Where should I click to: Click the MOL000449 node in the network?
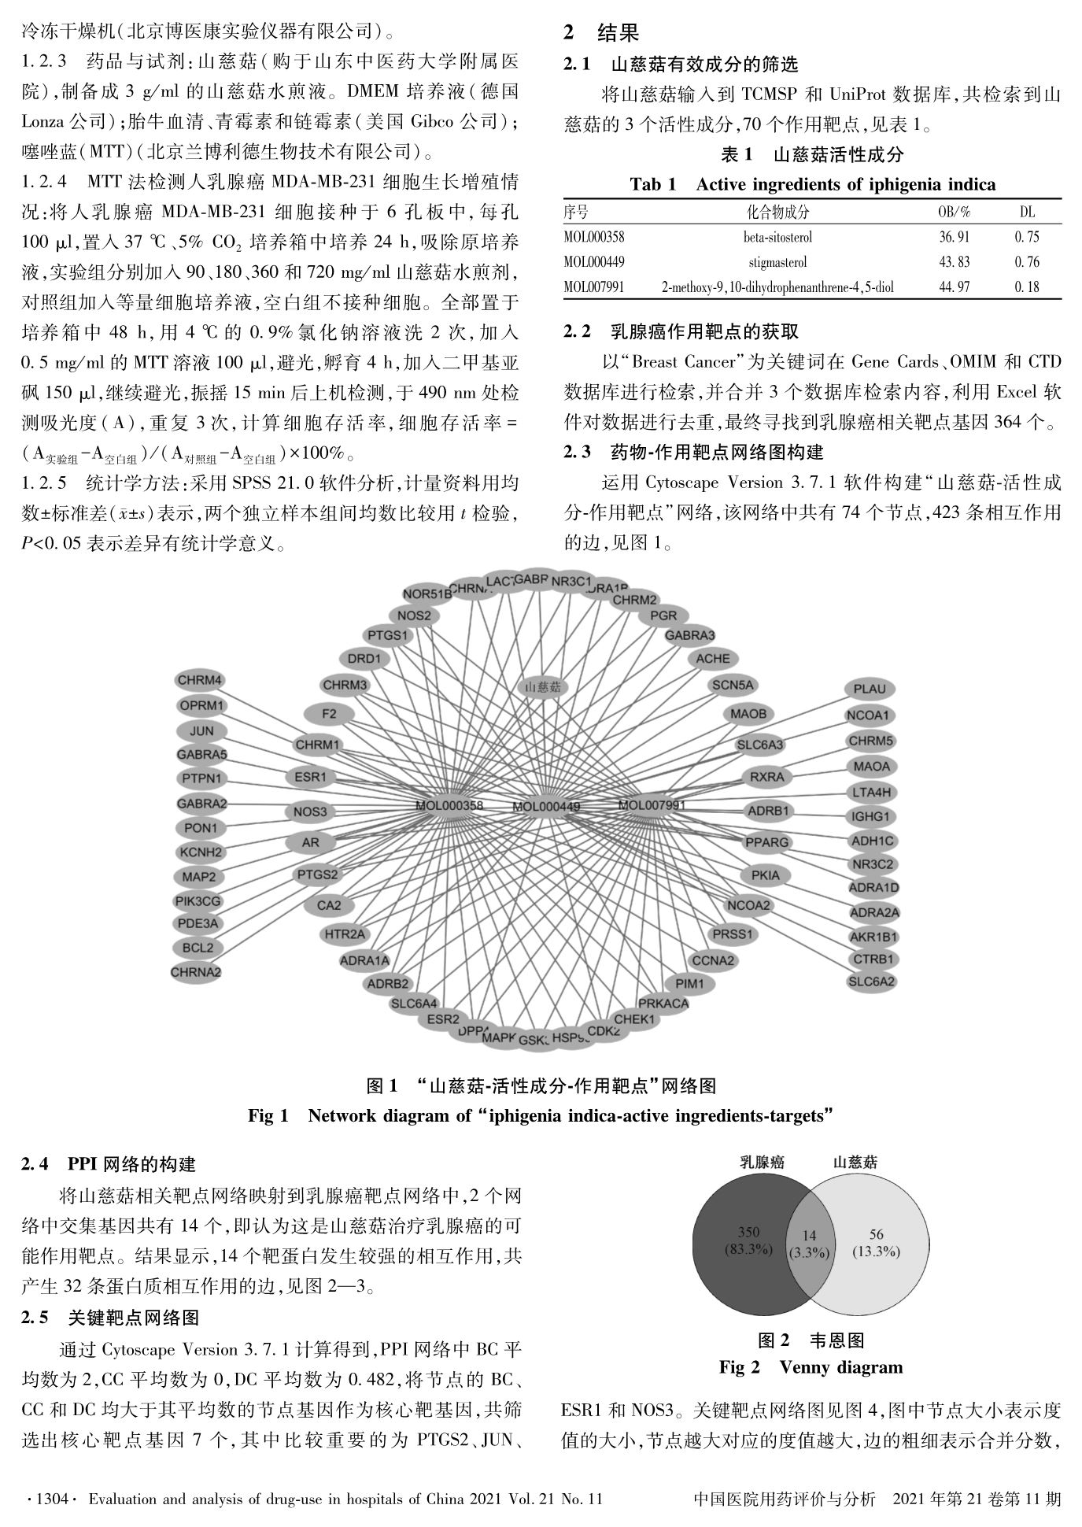click(x=546, y=807)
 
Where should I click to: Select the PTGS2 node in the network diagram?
click(x=317, y=874)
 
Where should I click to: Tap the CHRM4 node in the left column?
click(x=200, y=680)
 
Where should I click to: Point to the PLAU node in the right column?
click(x=870, y=689)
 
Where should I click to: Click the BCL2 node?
click(x=198, y=948)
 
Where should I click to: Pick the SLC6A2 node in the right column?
click(x=872, y=982)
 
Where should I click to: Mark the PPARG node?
click(x=766, y=842)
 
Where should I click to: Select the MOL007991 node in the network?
click(x=652, y=804)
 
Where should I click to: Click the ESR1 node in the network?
click(x=310, y=777)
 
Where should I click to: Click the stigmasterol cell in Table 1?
click(x=777, y=262)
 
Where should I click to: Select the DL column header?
click(x=1026, y=212)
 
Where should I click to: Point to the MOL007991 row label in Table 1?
click(x=594, y=287)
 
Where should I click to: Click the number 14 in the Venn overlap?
click(x=809, y=1235)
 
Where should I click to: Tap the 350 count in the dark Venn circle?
click(x=748, y=1233)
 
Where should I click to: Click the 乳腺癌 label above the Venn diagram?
click(x=762, y=1162)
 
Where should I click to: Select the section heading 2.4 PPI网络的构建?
click(x=109, y=1164)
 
